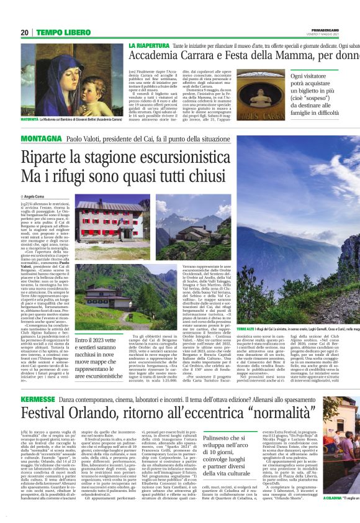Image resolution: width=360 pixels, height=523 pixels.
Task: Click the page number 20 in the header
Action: [24, 32]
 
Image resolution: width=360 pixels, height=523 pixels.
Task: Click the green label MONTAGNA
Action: [40, 139]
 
